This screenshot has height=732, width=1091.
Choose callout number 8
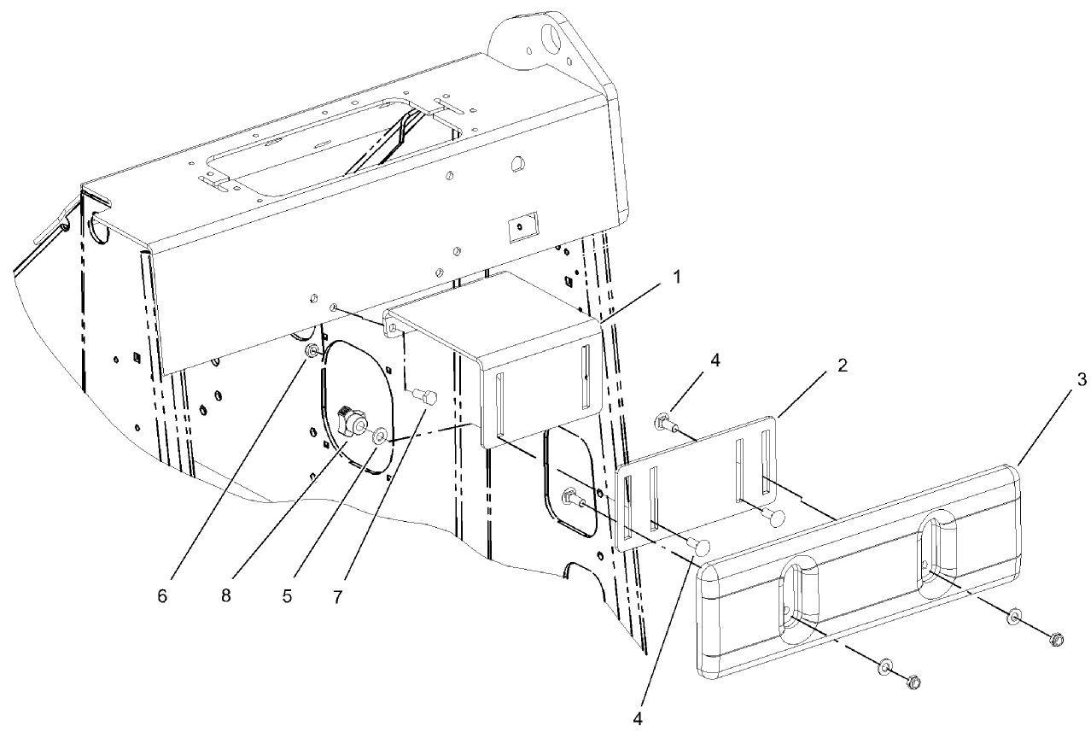point(225,595)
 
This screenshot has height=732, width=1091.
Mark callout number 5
point(287,595)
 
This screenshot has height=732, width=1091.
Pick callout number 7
point(338,595)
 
